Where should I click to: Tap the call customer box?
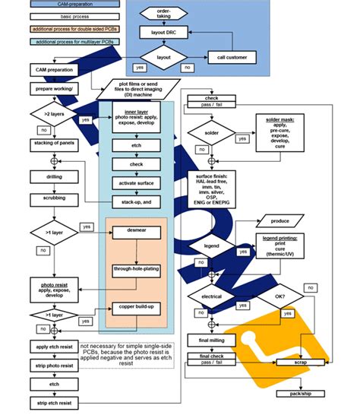coord(232,57)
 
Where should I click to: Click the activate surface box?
coord(134,182)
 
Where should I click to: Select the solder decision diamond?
coord(212,134)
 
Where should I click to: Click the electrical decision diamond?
coord(212,295)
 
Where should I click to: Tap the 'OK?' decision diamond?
coord(279,296)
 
